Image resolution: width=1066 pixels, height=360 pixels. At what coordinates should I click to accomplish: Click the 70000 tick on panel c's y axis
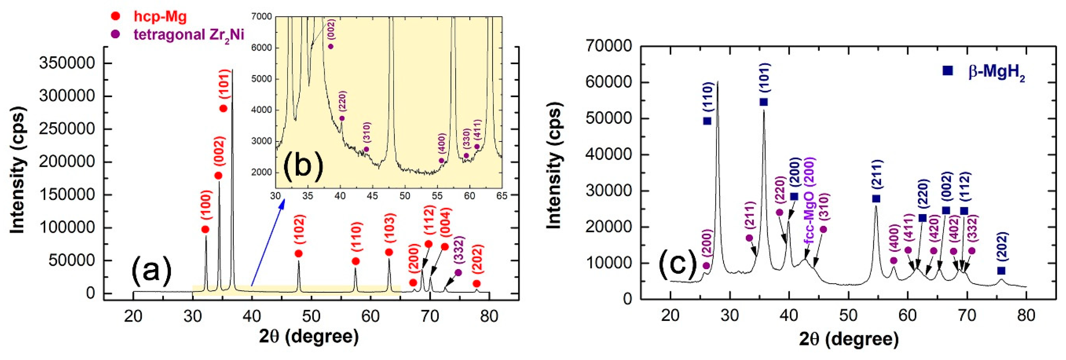(x=608, y=46)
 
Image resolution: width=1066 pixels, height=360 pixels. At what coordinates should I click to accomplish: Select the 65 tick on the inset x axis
(x=502, y=196)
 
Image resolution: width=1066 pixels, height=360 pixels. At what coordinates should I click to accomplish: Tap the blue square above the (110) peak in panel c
(x=707, y=121)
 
